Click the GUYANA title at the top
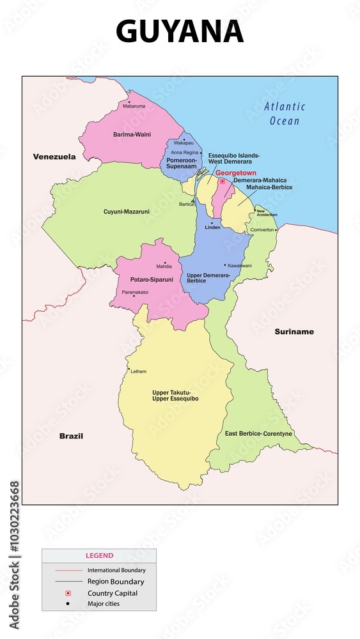[x=180, y=31]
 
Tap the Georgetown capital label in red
[x=236, y=173]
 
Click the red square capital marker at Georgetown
[x=222, y=181]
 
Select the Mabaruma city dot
[x=129, y=101]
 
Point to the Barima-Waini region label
[x=132, y=135]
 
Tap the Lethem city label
[x=139, y=371]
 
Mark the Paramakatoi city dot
[x=134, y=296]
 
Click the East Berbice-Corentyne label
[x=258, y=434]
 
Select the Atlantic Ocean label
[x=285, y=114]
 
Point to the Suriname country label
[x=294, y=332]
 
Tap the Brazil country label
[x=71, y=436]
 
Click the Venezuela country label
[x=54, y=157]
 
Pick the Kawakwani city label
[x=240, y=265]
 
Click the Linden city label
[x=212, y=227]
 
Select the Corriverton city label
[x=262, y=229]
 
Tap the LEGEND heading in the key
[x=99, y=556]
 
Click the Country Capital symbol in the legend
[x=68, y=594]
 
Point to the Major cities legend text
[x=104, y=604]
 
